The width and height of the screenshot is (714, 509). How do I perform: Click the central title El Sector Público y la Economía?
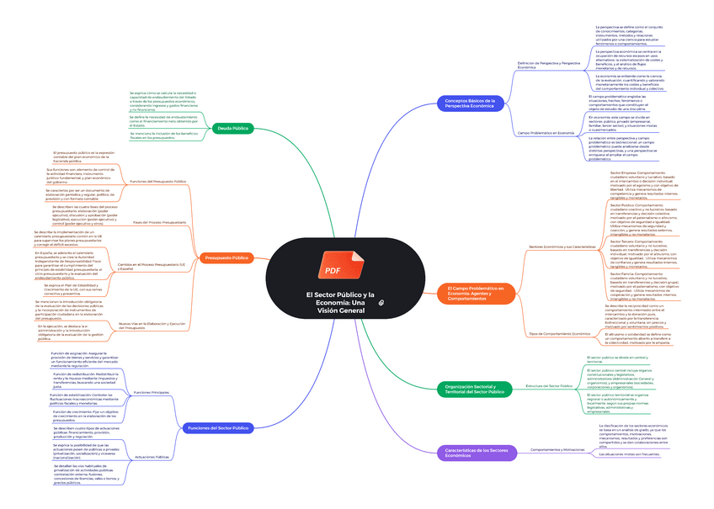tap(334, 302)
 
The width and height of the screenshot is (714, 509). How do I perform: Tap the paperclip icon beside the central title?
tap(381, 300)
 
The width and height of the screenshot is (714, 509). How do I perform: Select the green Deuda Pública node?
tap(234, 128)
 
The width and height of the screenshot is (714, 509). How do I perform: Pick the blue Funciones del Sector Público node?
tap(217, 428)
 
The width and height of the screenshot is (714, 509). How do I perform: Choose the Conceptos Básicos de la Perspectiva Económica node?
tap(470, 103)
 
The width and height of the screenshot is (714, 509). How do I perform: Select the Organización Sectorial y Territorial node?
tap(474, 389)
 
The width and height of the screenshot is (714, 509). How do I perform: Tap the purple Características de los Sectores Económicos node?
tap(477, 452)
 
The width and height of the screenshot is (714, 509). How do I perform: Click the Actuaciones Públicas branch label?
tap(152, 457)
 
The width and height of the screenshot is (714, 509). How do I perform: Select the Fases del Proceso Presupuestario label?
tap(160, 222)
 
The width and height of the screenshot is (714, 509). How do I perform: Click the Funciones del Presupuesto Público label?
tap(158, 181)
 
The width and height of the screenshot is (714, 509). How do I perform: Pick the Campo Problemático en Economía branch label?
tap(546, 133)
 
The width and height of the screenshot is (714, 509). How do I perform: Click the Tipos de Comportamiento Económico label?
tap(559, 334)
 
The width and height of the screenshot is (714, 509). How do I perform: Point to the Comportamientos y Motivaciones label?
tap(557, 450)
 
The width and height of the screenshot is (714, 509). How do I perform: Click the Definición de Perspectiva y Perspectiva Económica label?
tap(549, 65)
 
